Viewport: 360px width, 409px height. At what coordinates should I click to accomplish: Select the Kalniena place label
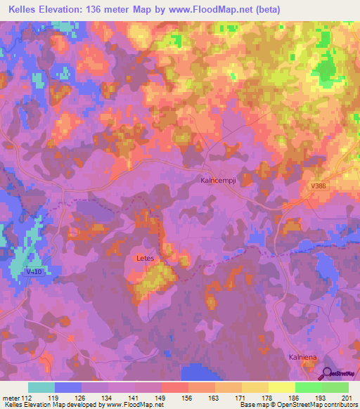point(303,358)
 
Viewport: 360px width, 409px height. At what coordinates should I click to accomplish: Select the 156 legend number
point(188,398)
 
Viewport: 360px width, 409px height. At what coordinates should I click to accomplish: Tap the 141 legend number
point(134,398)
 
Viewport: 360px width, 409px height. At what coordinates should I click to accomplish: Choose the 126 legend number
point(81,398)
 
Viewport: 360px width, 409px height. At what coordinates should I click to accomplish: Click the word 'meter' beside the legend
point(11,398)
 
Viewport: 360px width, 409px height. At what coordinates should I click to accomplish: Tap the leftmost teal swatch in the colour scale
point(41,387)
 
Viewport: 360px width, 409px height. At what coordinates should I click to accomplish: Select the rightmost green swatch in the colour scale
point(335,387)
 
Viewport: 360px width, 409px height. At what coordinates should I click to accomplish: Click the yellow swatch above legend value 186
point(282,387)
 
